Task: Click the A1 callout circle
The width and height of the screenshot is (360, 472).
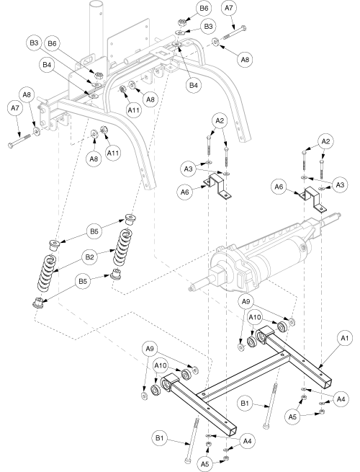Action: [345, 339]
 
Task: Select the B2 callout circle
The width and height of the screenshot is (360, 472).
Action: [89, 257]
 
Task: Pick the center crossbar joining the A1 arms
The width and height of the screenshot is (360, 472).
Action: [244, 374]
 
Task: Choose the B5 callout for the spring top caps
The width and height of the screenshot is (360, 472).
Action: [94, 231]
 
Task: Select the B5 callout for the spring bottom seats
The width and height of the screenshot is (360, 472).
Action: [83, 282]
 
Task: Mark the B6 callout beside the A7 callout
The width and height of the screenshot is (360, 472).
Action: [204, 8]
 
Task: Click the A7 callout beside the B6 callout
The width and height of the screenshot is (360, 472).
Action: [229, 8]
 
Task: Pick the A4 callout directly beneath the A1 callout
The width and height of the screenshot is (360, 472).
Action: [341, 399]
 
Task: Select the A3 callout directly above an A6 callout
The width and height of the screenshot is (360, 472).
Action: [188, 169]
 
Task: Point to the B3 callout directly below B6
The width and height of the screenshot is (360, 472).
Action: [208, 26]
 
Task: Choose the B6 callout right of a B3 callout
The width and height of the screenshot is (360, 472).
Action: [52, 43]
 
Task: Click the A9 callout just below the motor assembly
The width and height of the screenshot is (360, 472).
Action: [246, 301]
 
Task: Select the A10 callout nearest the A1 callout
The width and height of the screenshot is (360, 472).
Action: [254, 317]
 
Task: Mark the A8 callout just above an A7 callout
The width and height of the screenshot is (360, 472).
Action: [27, 95]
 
